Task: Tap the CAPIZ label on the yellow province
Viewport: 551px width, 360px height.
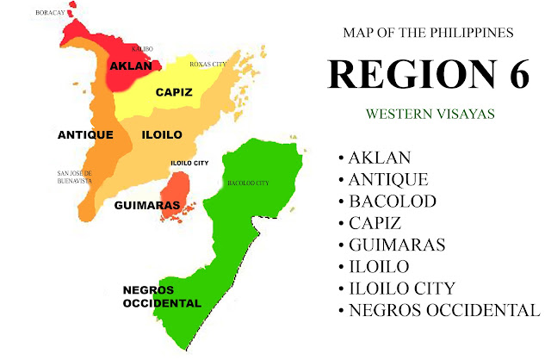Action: click(x=173, y=92)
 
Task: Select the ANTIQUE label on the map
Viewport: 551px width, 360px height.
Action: click(x=85, y=135)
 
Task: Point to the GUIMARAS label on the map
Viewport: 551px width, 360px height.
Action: click(x=146, y=206)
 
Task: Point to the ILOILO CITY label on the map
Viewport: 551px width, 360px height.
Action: click(x=190, y=163)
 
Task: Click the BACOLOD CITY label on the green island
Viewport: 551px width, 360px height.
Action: click(x=248, y=183)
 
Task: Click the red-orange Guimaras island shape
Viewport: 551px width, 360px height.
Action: click(x=176, y=191)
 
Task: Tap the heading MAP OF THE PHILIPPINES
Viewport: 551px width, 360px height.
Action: click(x=428, y=33)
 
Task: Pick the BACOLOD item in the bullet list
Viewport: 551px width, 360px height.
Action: click(x=392, y=202)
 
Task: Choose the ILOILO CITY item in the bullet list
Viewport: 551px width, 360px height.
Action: click(x=402, y=288)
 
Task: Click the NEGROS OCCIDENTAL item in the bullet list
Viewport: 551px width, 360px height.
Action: click(x=443, y=310)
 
